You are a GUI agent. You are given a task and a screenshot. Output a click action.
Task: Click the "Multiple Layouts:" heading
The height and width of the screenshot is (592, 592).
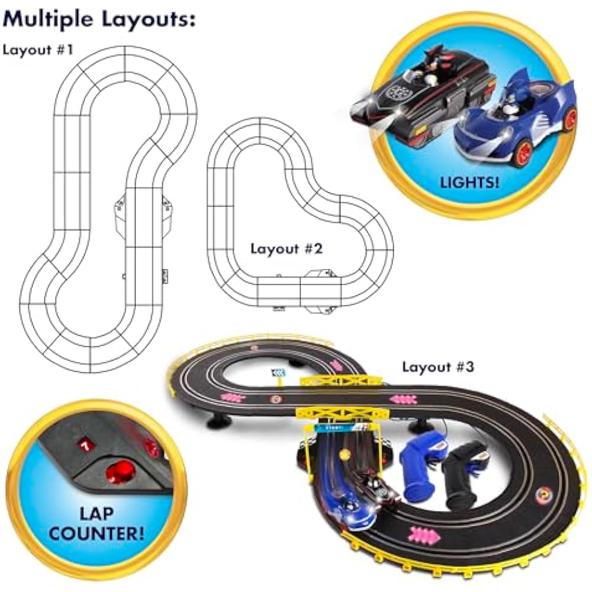click(x=99, y=19)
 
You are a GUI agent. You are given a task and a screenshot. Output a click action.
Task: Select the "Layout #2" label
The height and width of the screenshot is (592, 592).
click(x=287, y=249)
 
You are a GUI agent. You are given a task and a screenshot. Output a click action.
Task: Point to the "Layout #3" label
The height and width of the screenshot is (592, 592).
click(x=437, y=366)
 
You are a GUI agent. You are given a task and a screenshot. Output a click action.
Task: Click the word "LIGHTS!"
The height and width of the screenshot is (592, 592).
click(x=469, y=183)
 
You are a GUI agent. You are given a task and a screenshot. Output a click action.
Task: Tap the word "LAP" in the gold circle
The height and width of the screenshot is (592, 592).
click(x=96, y=513)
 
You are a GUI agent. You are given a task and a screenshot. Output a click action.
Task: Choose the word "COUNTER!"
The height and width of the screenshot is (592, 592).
click(x=96, y=533)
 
